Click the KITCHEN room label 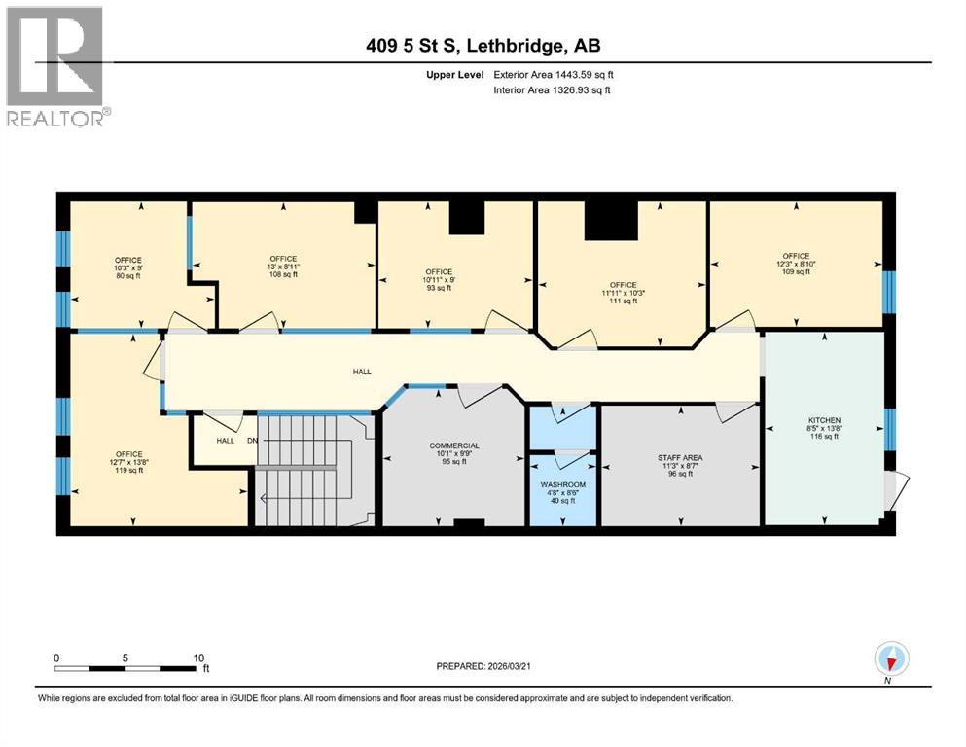(824, 448)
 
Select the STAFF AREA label (679, 457)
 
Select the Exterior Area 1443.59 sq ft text (554, 74)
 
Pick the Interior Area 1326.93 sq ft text (554, 90)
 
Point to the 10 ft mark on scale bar (198, 658)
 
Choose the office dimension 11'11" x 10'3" (622, 293)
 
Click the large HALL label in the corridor (361, 371)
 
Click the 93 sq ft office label (439, 291)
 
